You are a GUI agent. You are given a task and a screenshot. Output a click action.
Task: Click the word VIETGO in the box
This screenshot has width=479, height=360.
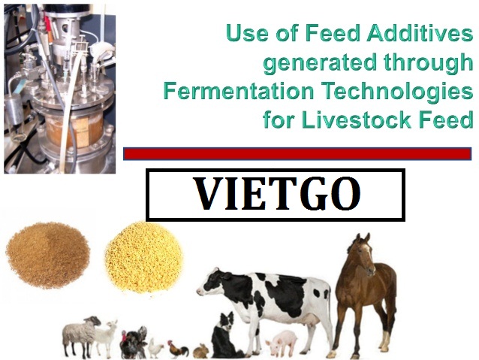(x=278, y=194)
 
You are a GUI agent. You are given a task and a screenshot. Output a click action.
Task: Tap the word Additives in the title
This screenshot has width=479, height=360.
(x=420, y=33)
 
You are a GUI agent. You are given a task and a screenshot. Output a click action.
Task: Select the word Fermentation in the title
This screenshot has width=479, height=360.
(x=239, y=91)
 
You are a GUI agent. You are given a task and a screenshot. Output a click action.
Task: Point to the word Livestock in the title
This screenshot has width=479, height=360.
(x=356, y=119)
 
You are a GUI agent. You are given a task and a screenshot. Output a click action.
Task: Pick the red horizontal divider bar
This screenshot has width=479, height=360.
(x=297, y=154)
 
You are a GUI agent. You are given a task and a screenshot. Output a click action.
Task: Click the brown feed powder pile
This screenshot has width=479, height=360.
(x=47, y=255)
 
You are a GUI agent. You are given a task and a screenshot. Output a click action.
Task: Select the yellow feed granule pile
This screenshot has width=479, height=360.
(x=144, y=256)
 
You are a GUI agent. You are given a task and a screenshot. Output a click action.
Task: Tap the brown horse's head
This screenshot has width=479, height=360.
(x=363, y=253)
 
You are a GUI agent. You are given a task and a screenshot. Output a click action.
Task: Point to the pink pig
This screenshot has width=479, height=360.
(x=282, y=343)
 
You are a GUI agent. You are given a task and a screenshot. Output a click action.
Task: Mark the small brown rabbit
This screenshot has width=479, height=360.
(x=201, y=351)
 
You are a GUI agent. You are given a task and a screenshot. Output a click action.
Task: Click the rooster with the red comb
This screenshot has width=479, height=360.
(x=178, y=349)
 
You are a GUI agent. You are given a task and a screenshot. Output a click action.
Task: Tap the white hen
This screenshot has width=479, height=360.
(x=155, y=349)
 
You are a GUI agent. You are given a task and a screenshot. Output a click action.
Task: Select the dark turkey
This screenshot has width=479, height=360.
(x=134, y=343)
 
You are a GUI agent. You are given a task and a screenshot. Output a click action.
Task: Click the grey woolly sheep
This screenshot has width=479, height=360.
(x=80, y=336)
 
